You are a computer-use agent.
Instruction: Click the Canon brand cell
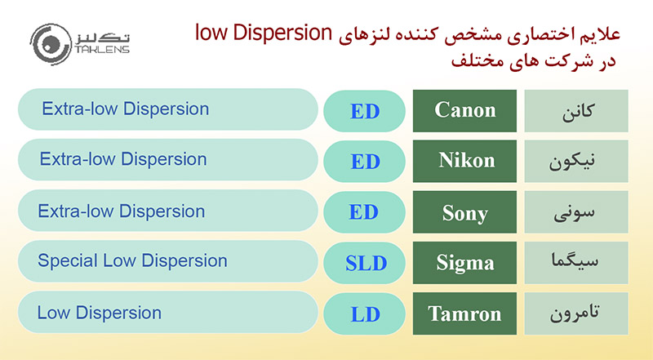(465, 110)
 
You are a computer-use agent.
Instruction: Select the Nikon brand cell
(465, 161)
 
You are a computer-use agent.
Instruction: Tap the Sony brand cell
(465, 212)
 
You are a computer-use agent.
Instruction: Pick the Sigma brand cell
(465, 263)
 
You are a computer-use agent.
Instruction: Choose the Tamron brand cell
(465, 313)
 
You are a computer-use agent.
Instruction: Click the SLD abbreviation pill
(365, 263)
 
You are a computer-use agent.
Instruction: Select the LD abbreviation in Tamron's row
(365, 313)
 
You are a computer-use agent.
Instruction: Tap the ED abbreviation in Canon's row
(365, 111)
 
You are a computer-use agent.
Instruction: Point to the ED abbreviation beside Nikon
(365, 161)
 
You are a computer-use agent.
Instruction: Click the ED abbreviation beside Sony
(365, 212)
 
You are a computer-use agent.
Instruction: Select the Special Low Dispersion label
(132, 261)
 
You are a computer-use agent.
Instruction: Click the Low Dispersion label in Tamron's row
(100, 313)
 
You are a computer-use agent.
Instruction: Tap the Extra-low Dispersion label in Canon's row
(125, 109)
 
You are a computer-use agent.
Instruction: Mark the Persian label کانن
(577, 110)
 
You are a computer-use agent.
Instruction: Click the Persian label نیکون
(577, 161)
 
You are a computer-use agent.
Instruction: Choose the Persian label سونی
(577, 212)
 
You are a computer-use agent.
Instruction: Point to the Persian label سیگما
(577, 263)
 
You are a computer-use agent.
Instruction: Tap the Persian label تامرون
(577, 313)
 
